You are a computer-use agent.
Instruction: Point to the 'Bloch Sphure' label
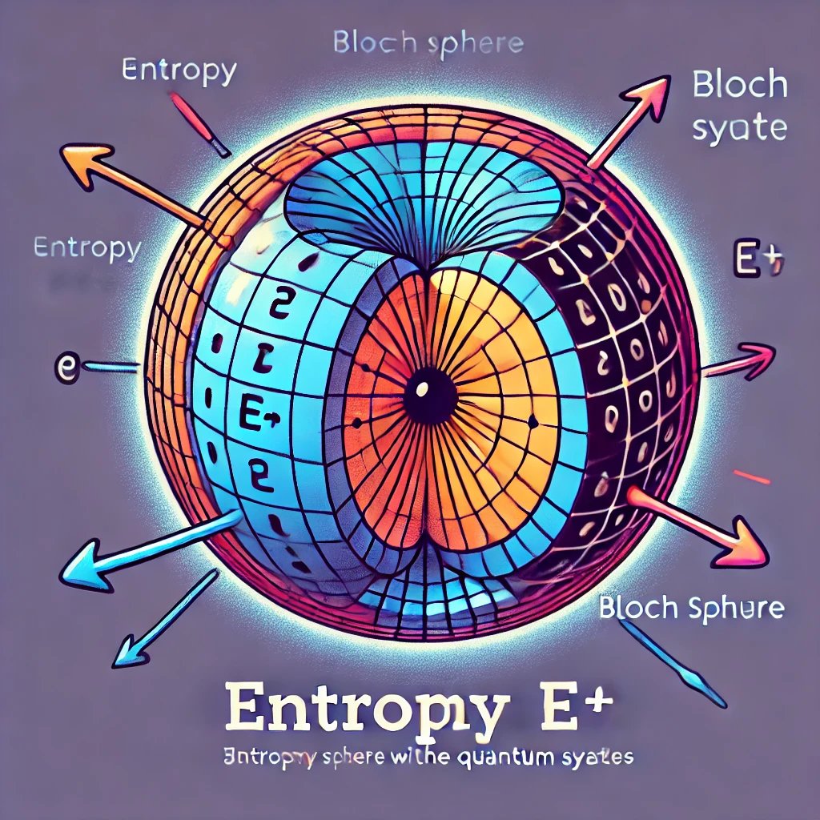(x=691, y=609)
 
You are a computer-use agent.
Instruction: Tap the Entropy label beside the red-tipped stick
(x=179, y=70)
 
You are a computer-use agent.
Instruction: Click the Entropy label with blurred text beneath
(x=86, y=248)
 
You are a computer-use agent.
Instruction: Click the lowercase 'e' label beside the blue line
(x=66, y=368)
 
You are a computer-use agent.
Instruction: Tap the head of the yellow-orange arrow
(x=85, y=163)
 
